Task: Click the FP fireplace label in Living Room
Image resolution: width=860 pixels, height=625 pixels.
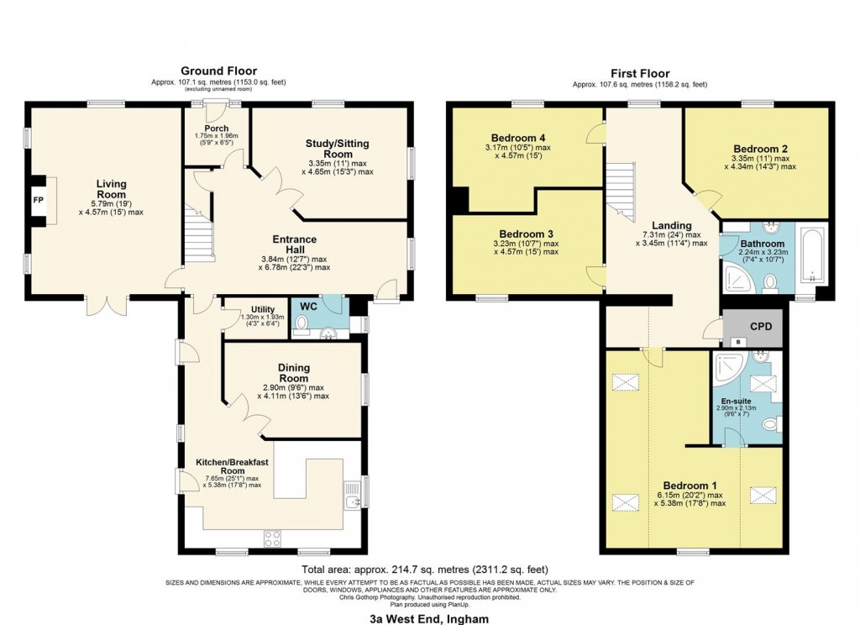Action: (x=38, y=201)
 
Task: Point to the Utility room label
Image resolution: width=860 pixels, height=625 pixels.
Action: (x=263, y=309)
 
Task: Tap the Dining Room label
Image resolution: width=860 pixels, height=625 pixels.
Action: (x=294, y=373)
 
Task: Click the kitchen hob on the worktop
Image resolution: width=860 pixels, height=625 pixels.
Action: (x=273, y=538)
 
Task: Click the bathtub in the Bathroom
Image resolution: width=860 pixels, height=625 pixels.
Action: (x=813, y=254)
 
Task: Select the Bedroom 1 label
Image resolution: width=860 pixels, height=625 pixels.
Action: (x=690, y=486)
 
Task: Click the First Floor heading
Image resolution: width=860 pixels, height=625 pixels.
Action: (x=639, y=73)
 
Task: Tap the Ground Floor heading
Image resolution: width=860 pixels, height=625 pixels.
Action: (x=218, y=71)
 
